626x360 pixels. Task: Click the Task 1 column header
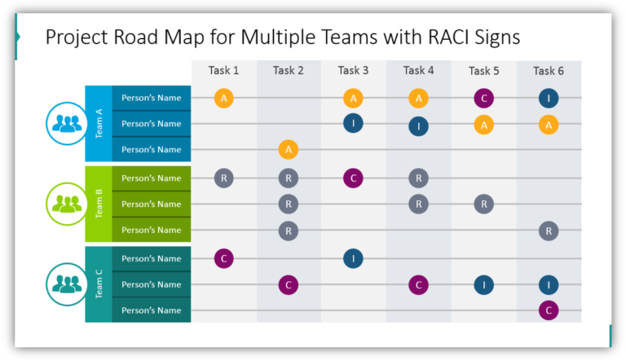tap(224, 71)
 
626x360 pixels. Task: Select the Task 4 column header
tap(418, 71)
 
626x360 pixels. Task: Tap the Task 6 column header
tap(549, 71)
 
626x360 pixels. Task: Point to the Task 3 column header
tap(353, 71)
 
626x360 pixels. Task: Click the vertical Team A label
tap(99, 124)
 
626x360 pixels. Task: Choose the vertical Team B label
tap(99, 204)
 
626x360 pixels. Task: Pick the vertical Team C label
tap(99, 284)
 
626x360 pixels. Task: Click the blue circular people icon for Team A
tap(65, 124)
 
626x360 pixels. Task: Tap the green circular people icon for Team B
tap(65, 204)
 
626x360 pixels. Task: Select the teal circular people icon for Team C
tap(65, 284)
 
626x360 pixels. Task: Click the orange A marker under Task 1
tap(224, 99)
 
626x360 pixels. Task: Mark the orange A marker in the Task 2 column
tap(288, 150)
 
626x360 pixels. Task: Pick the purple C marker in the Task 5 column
tap(483, 99)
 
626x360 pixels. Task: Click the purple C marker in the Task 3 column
tap(353, 178)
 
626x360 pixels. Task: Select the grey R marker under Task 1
tap(224, 178)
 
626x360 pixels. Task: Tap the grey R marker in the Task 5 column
tap(483, 204)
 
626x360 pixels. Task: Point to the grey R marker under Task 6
tap(549, 230)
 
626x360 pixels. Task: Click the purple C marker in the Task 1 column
tap(224, 258)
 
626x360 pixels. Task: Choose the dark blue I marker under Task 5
tap(483, 284)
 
